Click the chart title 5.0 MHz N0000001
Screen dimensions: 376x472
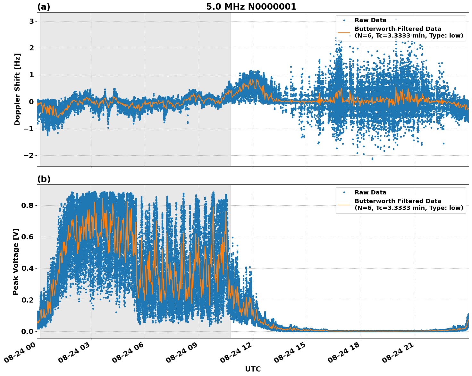coord(251,7)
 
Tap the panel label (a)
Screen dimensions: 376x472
coord(44,7)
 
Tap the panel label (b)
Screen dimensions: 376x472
coord(44,179)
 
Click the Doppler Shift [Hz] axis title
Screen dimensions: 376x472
coord(17,89)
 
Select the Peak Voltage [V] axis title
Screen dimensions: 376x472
coord(16,261)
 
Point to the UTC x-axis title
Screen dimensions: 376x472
coord(253,369)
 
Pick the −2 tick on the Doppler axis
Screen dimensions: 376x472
coord(29,156)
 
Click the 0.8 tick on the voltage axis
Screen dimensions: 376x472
coord(28,205)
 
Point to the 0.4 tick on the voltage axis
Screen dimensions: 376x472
coord(28,269)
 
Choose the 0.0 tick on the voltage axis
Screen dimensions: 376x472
coord(28,331)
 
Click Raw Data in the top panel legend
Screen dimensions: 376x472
coord(370,20)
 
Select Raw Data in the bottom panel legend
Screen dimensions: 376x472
coord(370,192)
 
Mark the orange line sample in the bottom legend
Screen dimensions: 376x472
coord(344,204)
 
